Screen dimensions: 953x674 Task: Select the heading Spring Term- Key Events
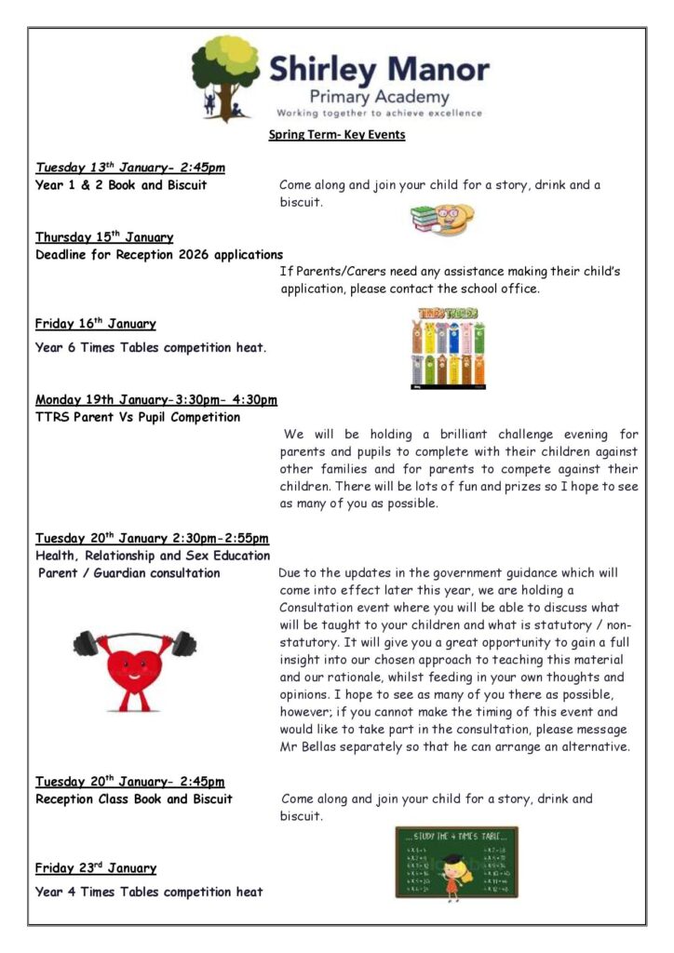(337, 135)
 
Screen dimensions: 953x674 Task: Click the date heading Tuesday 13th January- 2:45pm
(130, 168)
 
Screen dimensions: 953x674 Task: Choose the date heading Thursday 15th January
(104, 236)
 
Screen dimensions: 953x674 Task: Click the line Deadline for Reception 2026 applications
(159, 254)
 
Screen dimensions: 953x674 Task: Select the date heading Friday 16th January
(96, 324)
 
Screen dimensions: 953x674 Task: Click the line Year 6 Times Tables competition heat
(151, 348)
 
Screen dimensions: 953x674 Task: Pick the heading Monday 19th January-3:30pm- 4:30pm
(156, 400)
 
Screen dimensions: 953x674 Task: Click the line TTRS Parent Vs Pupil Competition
(138, 417)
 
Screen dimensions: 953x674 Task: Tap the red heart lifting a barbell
(134, 664)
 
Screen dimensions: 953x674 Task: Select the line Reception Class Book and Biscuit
(134, 799)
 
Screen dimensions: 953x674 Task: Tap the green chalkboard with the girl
(456, 863)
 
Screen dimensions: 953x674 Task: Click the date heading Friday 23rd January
(96, 868)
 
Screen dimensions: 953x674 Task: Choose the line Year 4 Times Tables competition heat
(149, 892)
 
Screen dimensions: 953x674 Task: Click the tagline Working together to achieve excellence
(380, 114)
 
